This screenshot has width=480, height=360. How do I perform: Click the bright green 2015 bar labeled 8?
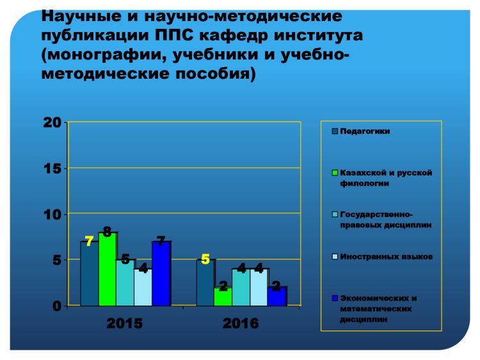coord(107,269)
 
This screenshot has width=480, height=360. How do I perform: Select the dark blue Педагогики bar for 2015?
coord(90,274)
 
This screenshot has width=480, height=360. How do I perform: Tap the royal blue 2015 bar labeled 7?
coord(161,274)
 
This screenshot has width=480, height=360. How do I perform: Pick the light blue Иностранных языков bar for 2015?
coord(143,288)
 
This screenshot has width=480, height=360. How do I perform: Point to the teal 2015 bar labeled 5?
coord(125,282)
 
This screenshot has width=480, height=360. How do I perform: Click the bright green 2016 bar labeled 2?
coord(223,297)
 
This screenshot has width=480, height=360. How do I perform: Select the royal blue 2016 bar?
coord(276,297)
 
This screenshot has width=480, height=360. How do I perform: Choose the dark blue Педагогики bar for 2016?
coord(205,282)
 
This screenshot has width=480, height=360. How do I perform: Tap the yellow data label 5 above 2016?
coord(205,259)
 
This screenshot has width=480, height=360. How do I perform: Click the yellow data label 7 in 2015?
coord(89,241)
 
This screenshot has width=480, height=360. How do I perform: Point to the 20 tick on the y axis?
coord(52,122)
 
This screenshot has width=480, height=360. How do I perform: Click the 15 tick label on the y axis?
coord(52,168)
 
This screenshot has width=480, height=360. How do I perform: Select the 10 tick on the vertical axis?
coord(52,215)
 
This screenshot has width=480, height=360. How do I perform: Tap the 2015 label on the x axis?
coord(125,323)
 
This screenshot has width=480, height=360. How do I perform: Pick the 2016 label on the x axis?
coord(241,323)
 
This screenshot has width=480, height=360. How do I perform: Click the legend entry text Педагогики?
coord(365,131)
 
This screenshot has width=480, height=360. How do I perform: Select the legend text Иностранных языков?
coord(387,256)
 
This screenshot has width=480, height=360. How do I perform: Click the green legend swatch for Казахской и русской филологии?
coord(335,173)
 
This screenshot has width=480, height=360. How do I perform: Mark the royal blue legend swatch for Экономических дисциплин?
coord(335,298)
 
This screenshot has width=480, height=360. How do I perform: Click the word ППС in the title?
coord(174,35)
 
